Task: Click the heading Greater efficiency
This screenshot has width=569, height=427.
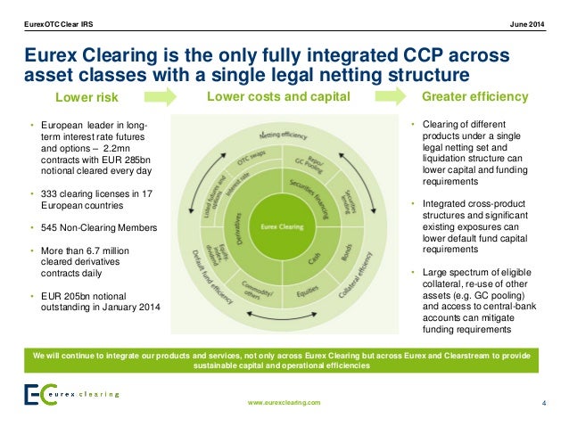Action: click(474, 95)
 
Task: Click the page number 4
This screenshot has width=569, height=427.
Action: click(544, 403)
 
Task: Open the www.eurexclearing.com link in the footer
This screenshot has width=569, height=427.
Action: click(284, 403)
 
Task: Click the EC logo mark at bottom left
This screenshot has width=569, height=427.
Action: click(36, 393)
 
